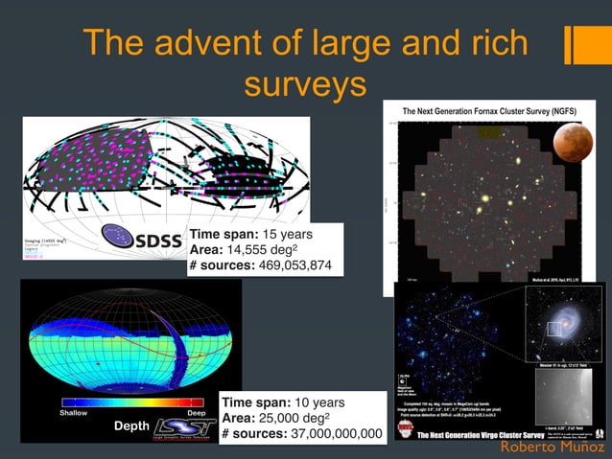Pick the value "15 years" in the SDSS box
click(288, 233)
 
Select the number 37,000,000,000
click(331, 434)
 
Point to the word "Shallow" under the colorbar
click(76, 414)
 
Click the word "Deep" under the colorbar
click(195, 414)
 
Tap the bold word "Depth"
click(130, 425)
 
